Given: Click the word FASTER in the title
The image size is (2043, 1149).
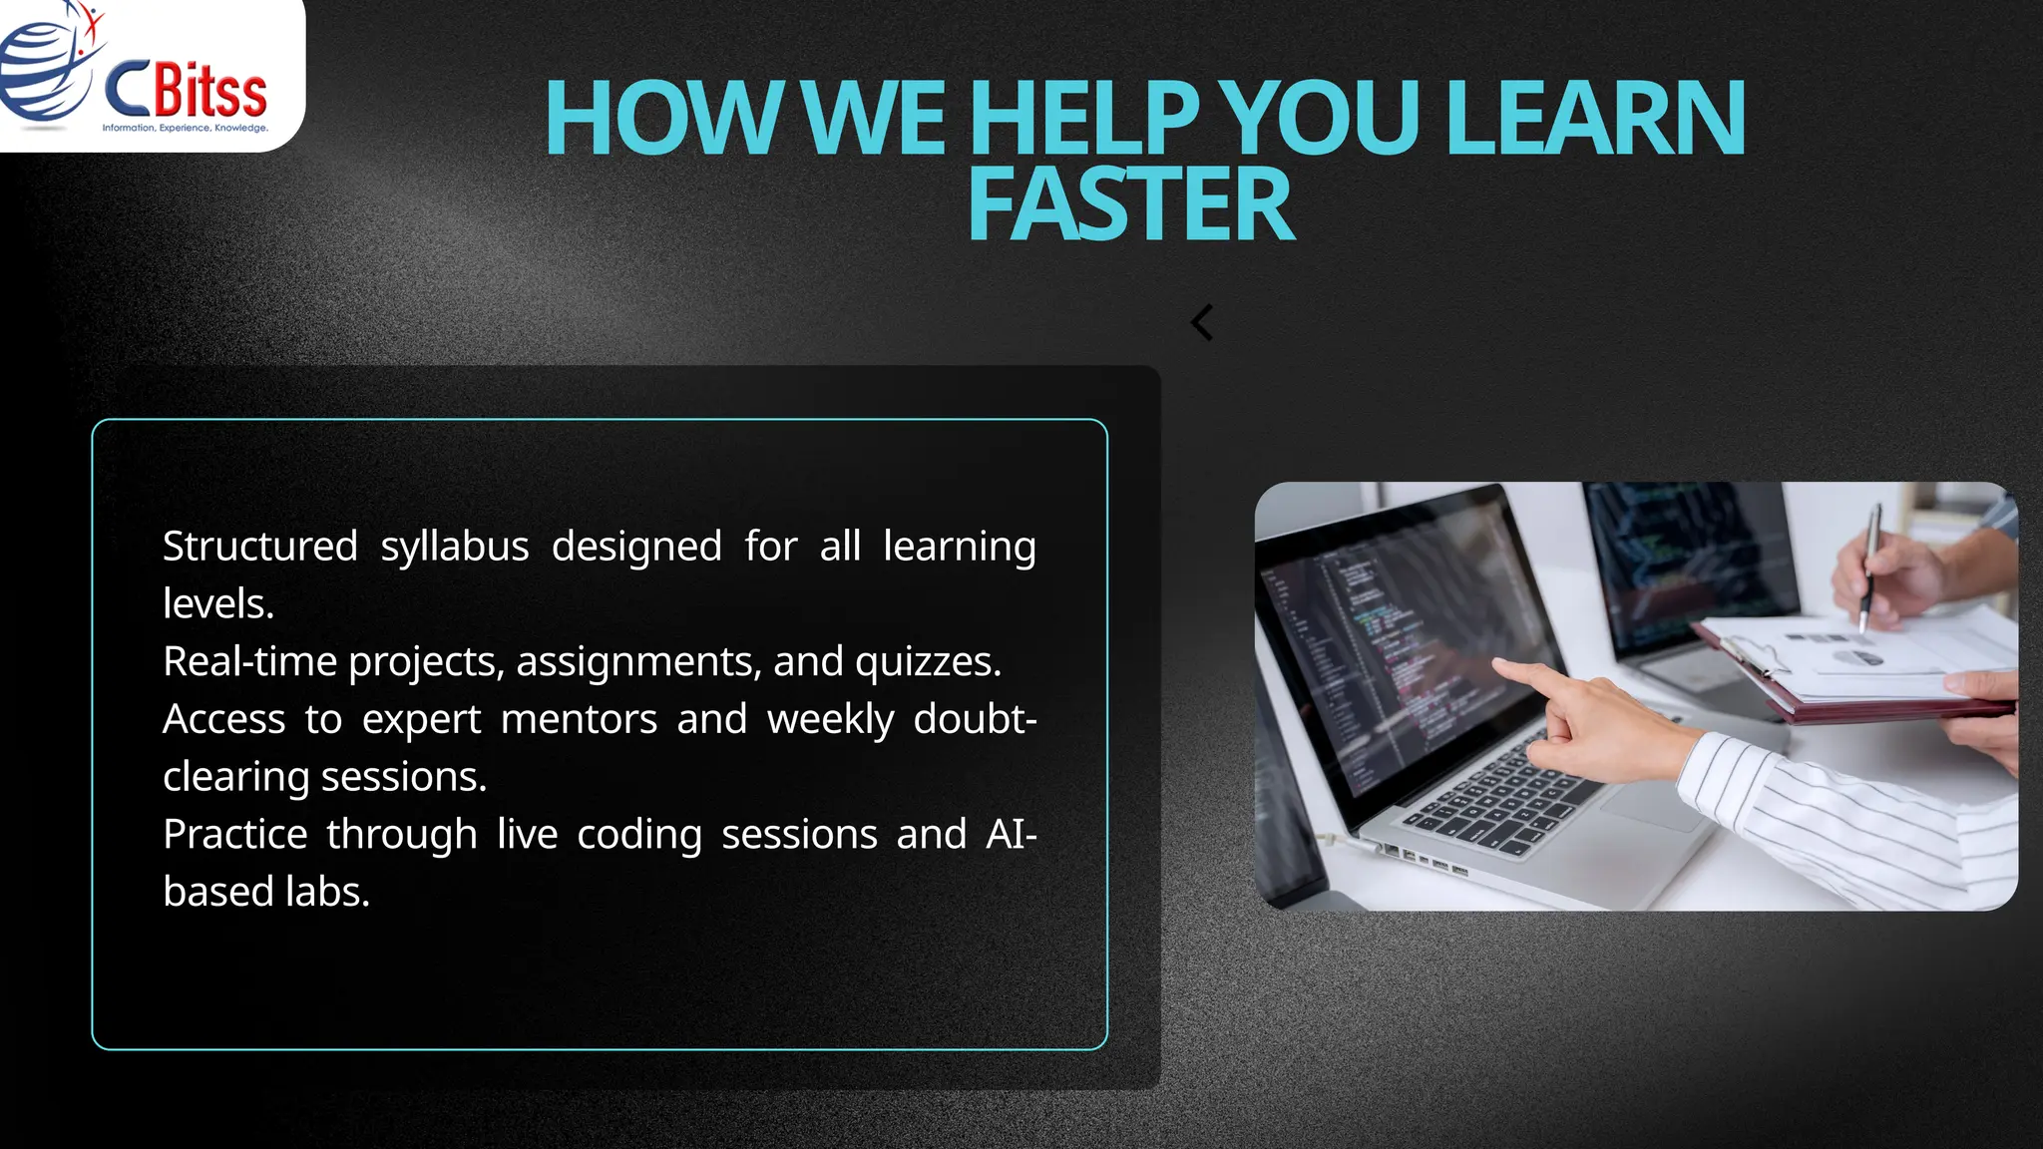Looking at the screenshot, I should [1130, 205].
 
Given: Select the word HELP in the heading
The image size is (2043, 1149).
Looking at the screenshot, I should [1083, 119].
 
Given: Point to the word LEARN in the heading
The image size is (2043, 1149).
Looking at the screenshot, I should [1593, 119].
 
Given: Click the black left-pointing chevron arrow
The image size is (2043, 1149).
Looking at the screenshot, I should [1202, 322].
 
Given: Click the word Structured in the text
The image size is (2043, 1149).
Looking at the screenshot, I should [259, 547].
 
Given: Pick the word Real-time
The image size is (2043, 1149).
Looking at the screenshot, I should [249, 661].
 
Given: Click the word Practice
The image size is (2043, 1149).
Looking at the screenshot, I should [234, 835].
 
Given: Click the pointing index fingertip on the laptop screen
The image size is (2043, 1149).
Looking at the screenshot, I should [1501, 665].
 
